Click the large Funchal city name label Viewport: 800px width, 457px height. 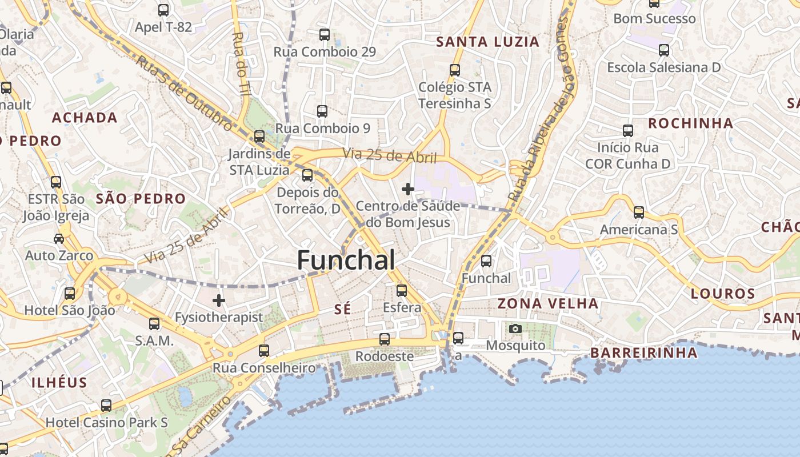(346, 260)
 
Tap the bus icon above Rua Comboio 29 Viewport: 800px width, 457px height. (325, 35)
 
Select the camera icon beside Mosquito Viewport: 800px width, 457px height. (515, 328)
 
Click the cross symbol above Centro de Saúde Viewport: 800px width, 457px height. (408, 189)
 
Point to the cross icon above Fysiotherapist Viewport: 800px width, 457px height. (219, 300)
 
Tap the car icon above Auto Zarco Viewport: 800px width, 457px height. (59, 238)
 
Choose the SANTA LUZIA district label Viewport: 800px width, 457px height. (487, 42)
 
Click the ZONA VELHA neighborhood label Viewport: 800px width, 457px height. (547, 303)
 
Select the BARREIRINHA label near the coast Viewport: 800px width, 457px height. (643, 353)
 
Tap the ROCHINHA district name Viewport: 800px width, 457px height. (690, 123)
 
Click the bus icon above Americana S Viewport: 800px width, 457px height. (639, 213)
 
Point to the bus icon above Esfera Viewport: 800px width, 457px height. (402, 290)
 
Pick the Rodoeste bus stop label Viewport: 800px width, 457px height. (384, 356)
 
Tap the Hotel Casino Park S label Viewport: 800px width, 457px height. (107, 423)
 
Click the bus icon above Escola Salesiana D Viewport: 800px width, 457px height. (664, 50)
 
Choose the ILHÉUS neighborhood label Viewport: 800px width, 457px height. (59, 383)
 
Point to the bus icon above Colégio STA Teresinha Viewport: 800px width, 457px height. (455, 70)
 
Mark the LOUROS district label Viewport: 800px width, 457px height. (723, 294)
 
